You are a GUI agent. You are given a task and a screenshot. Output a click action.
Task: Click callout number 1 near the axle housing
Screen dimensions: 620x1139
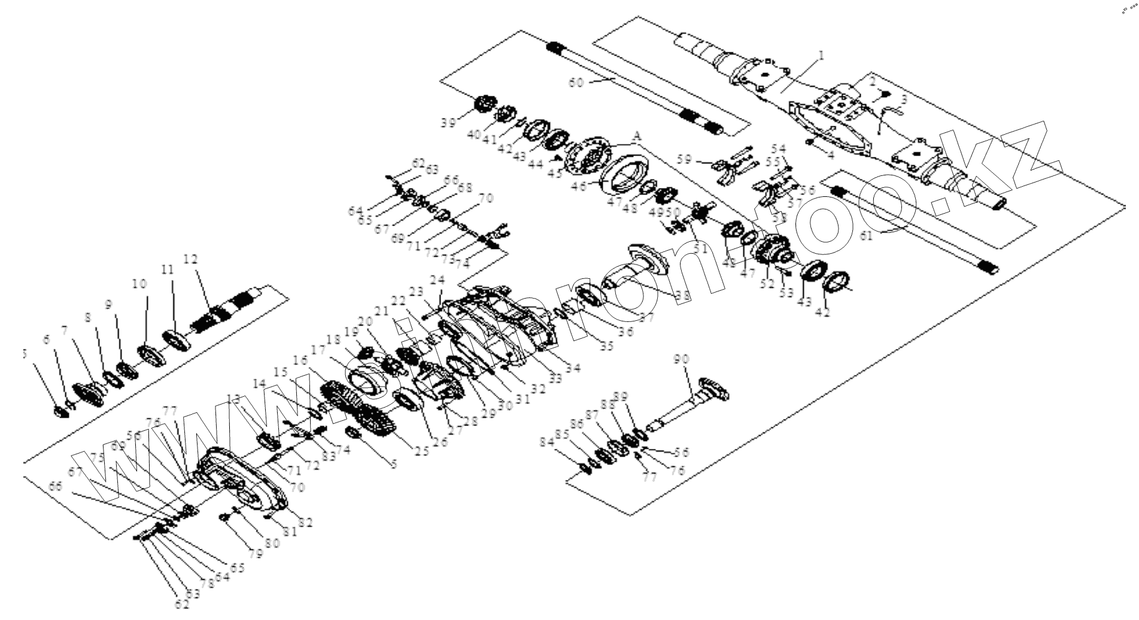pyautogui.click(x=821, y=56)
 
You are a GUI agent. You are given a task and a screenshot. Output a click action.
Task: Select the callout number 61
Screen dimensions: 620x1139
pyautogui.click(x=867, y=236)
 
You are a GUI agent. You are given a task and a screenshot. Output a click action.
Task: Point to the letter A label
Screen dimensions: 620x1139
pyautogui.click(x=637, y=137)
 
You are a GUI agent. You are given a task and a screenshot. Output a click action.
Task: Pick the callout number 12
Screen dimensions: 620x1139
pyautogui.click(x=190, y=259)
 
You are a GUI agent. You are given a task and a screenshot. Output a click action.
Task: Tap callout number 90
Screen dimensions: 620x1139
pyautogui.click(x=681, y=360)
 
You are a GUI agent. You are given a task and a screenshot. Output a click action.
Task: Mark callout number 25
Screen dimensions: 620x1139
pyautogui.click(x=422, y=451)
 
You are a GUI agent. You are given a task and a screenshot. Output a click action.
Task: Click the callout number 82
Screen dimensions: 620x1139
pyautogui.click(x=305, y=522)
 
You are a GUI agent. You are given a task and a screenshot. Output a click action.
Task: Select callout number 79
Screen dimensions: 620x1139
pyautogui.click(x=257, y=554)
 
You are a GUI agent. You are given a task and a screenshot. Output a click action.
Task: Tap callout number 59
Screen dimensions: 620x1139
pyautogui.click(x=685, y=159)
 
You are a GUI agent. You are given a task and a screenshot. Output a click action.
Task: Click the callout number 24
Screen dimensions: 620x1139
pyautogui.click(x=438, y=280)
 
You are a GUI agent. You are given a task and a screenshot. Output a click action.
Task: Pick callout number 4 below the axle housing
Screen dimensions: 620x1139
pyautogui.click(x=831, y=154)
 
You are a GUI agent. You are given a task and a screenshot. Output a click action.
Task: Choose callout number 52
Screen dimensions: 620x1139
pyautogui.click(x=767, y=284)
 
